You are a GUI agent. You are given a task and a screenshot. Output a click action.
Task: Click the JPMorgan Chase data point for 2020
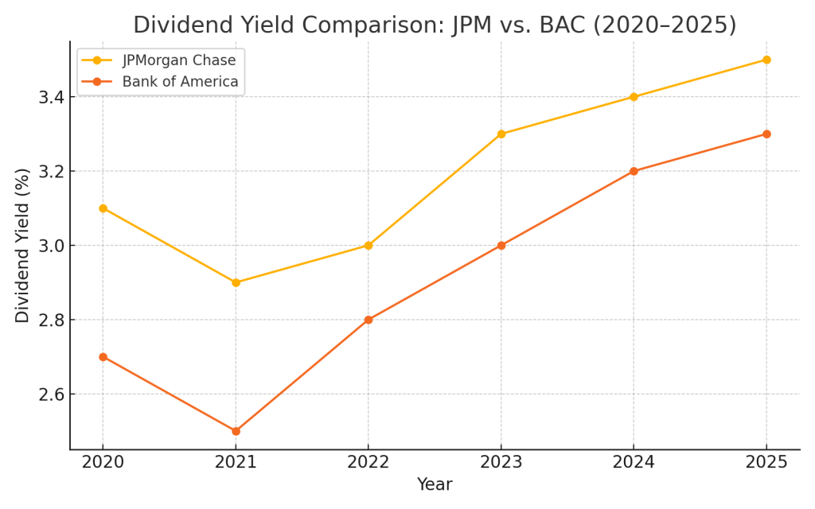point(103,208)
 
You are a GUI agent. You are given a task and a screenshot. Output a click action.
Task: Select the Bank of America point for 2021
point(236,431)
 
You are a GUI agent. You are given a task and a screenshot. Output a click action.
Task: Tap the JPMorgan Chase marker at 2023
point(501,134)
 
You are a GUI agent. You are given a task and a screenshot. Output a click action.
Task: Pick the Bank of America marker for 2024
point(634,171)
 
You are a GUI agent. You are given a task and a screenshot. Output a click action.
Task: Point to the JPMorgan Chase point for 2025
point(766,60)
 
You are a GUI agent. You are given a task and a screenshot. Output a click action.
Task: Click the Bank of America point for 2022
point(369,320)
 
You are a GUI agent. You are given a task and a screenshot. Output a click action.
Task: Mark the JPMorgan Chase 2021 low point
point(236,282)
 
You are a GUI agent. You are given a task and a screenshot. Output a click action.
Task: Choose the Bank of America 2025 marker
point(766,134)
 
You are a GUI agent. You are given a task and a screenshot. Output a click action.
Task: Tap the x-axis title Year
point(435,485)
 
